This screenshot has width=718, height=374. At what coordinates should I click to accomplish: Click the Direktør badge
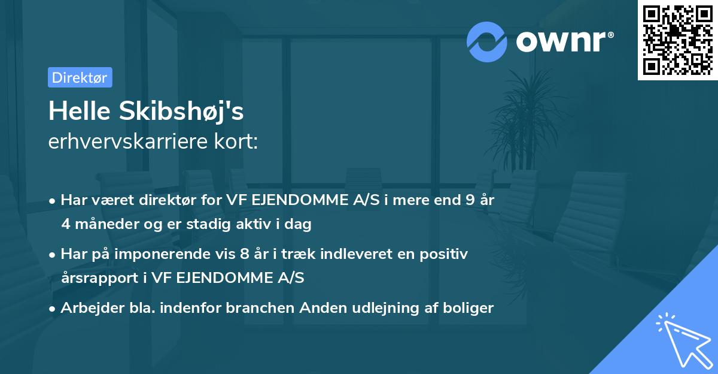tap(80, 77)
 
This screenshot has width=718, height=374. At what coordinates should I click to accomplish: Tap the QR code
tap(678, 40)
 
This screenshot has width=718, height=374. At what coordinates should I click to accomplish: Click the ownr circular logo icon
tap(487, 41)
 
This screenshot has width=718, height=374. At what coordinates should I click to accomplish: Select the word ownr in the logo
tap(564, 41)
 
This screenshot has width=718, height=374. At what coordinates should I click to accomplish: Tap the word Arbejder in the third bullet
tap(87, 308)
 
